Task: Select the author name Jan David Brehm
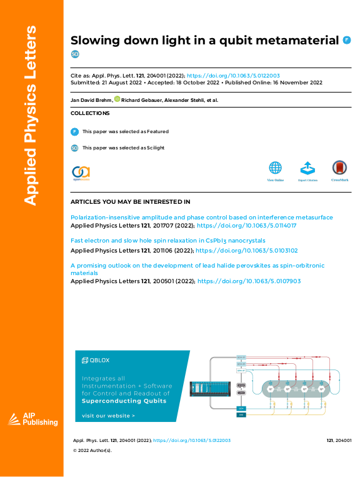click(91, 100)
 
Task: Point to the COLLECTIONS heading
click(90, 113)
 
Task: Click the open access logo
click(81, 173)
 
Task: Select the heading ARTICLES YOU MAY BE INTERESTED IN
click(130, 202)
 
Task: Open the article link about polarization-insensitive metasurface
click(201, 217)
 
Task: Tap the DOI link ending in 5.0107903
click(249, 281)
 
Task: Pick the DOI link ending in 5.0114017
click(246, 225)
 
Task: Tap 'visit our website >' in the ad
click(108, 415)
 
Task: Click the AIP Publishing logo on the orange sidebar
click(32, 420)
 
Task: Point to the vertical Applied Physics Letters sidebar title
click(31, 116)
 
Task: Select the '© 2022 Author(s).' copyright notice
click(92, 450)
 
